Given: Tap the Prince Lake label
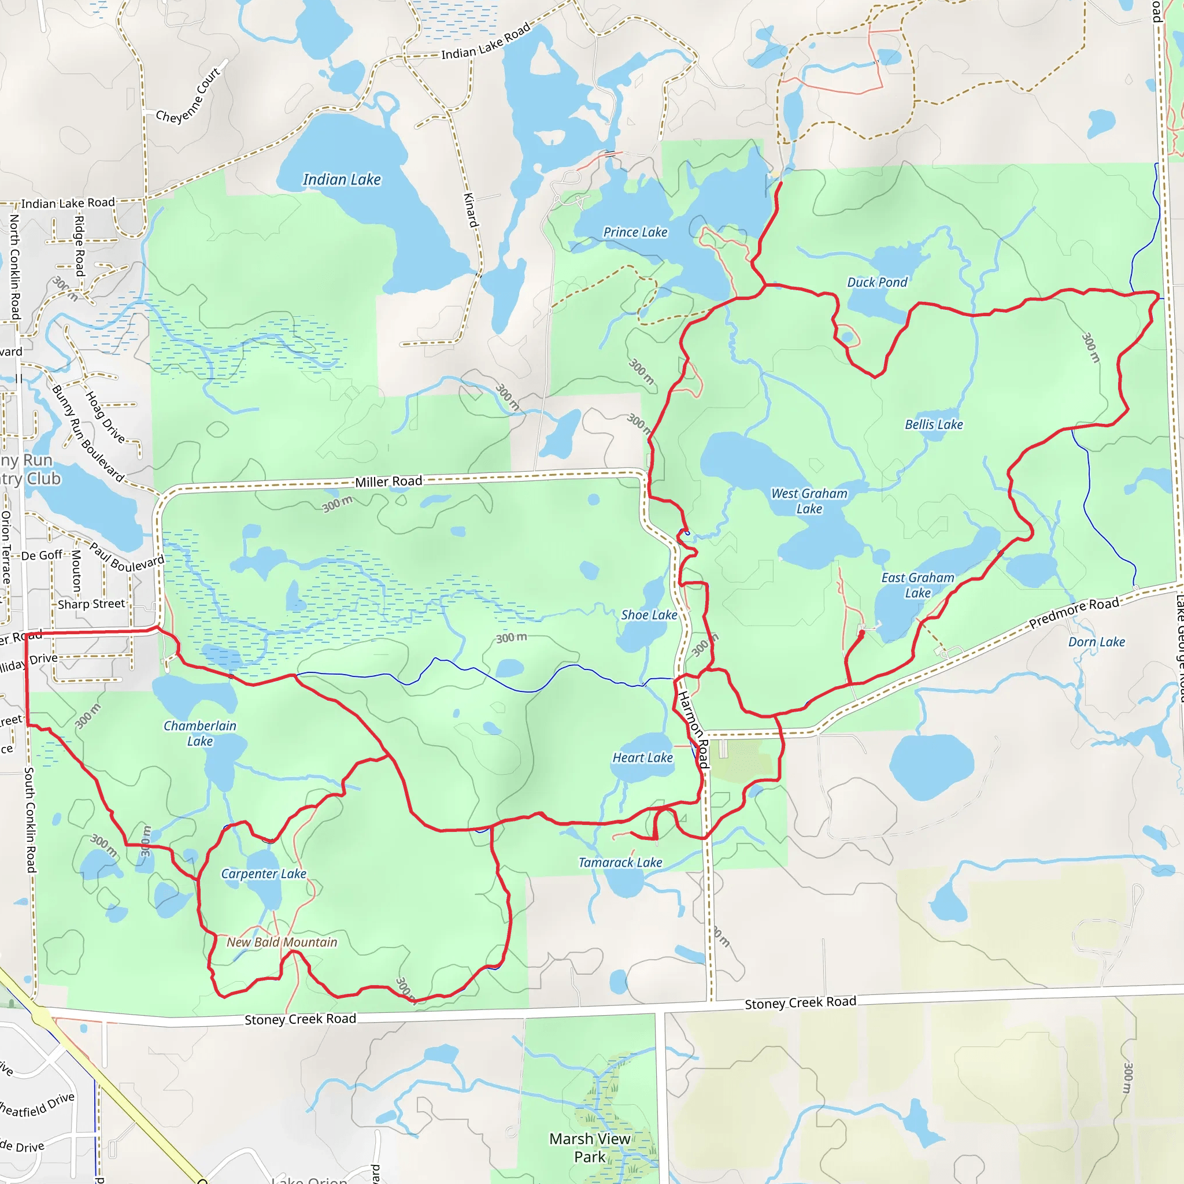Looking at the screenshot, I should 635,232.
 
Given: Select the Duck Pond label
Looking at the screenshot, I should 877,283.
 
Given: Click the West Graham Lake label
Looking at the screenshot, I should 809,501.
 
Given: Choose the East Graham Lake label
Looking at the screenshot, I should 917,584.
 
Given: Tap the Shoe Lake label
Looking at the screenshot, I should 649,615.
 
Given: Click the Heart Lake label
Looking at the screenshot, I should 642,757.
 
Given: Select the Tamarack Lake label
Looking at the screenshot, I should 620,862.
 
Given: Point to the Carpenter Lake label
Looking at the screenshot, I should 264,874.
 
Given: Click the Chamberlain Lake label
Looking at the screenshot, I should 200,733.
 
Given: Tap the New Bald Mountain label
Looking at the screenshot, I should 282,942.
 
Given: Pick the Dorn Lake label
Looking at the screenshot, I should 1096,642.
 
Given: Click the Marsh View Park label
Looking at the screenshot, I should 590,1147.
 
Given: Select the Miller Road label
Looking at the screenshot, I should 388,482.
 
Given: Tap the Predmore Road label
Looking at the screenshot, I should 1074,612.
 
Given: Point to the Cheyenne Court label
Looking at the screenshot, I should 188,96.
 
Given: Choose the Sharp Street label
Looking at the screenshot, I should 91,604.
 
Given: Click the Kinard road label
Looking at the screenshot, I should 470,210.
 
